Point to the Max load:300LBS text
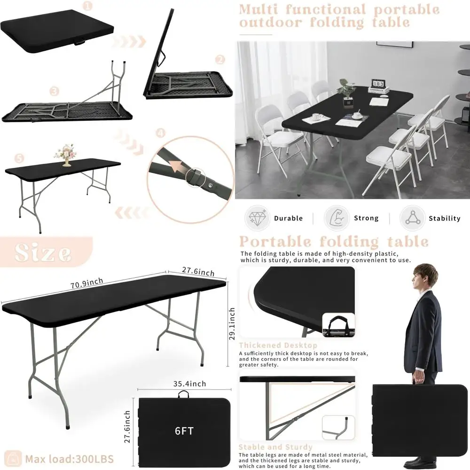pos(69,458)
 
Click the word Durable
pos(288,218)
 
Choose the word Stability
pos(444,218)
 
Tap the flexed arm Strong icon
pos(337,218)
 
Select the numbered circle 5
pos(19,159)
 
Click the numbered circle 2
pos(220,60)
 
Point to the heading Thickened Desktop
pos(278,345)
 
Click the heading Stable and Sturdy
pos(275,447)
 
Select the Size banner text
pos(43,252)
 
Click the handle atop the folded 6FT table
pos(181,395)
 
